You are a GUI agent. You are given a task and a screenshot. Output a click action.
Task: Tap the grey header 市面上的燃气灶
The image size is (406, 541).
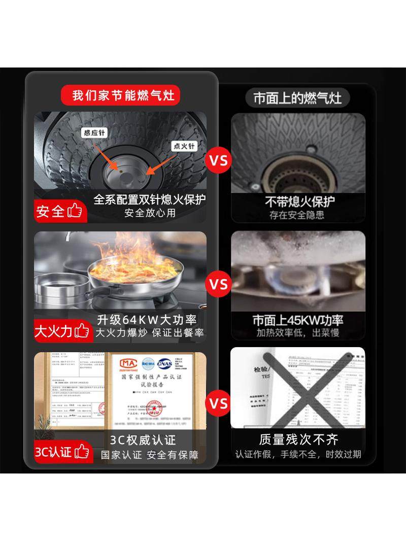click(297, 97)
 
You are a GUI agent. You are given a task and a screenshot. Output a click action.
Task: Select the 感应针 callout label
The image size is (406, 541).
click(95, 133)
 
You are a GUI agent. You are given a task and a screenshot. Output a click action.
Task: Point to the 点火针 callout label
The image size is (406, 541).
click(184, 146)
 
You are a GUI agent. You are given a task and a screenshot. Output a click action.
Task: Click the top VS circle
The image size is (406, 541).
click(219, 161)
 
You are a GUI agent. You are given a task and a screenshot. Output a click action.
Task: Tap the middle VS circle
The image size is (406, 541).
click(219, 283)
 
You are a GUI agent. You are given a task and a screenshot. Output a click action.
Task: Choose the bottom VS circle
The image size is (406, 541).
click(219, 403)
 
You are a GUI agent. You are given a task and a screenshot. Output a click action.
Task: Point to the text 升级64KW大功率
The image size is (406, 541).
click(147, 320)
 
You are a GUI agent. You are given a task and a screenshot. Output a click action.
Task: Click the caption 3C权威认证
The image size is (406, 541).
click(143, 439)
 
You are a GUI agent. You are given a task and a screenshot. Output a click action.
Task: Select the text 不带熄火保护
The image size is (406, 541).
click(299, 201)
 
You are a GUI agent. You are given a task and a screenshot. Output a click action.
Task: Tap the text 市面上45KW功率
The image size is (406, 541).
click(298, 320)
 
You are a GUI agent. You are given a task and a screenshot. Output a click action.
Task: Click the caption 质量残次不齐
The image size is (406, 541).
click(298, 439)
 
